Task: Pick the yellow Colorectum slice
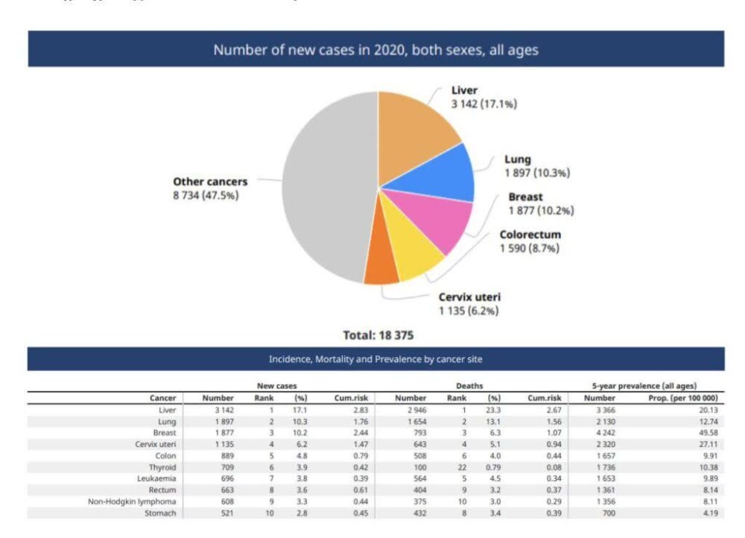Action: (x=410, y=253)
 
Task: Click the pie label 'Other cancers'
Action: (x=210, y=182)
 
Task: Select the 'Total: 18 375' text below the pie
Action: (x=378, y=335)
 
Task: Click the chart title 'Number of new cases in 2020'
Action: (x=375, y=50)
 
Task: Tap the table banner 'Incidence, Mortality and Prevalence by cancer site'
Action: (x=375, y=359)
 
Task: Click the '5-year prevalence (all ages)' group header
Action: (x=644, y=386)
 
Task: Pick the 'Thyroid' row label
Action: (x=162, y=467)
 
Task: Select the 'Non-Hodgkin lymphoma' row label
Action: (x=132, y=502)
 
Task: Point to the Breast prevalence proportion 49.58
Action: (x=706, y=433)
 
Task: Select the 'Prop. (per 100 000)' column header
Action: (x=683, y=398)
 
